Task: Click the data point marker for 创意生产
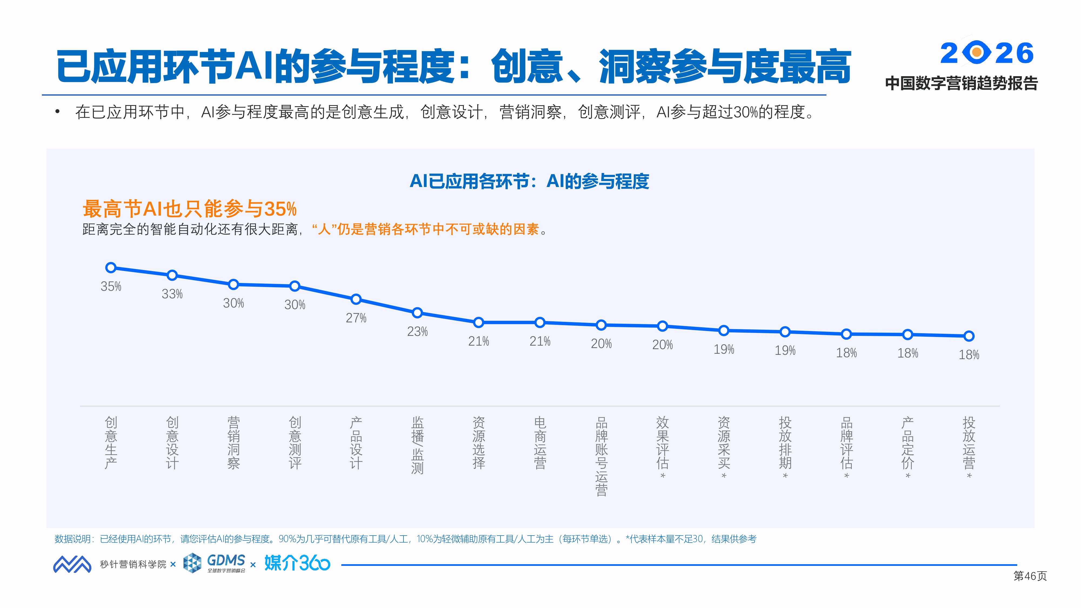[111, 268]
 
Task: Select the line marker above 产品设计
[356, 299]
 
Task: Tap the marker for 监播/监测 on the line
[417, 313]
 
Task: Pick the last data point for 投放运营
[969, 336]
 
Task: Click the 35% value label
[111, 287]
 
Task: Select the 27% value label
[356, 318]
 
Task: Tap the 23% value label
[417, 332]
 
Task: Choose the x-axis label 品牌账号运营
[601, 456]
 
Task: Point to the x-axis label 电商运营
[540, 442]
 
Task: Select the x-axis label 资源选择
[479, 442]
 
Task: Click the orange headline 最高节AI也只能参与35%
[190, 209]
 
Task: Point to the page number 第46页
[1030, 576]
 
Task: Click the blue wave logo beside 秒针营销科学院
[72, 564]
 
